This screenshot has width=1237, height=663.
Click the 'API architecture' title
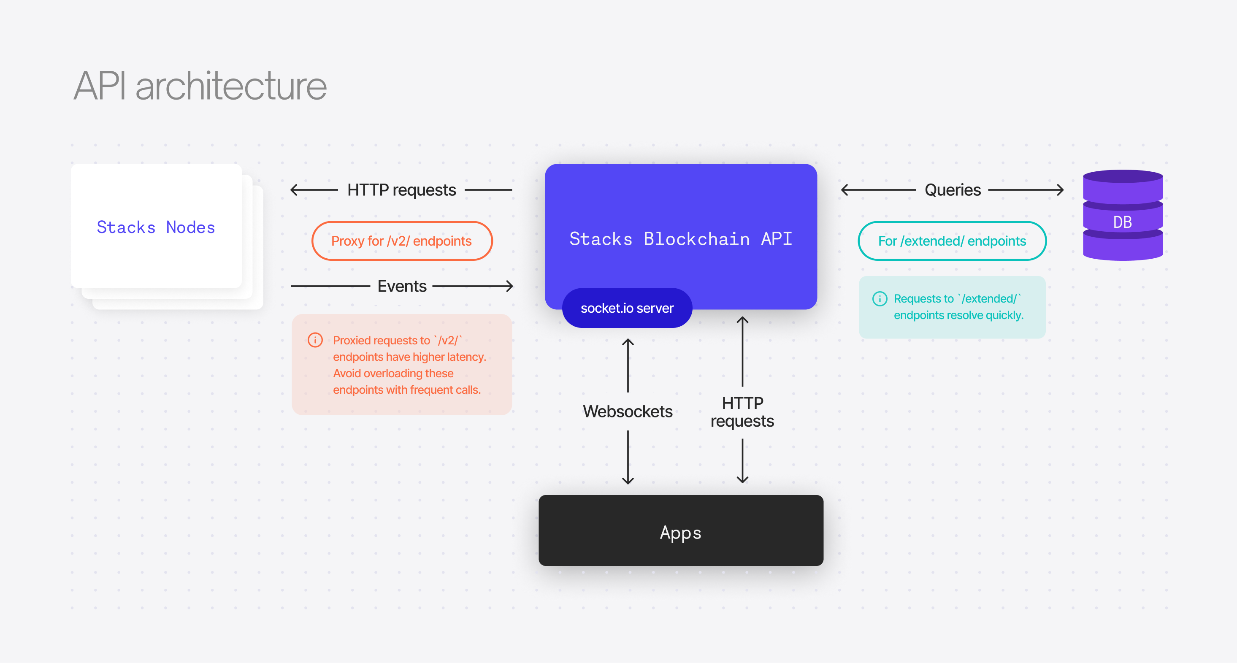click(200, 86)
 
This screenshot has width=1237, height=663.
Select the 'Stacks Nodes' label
click(156, 227)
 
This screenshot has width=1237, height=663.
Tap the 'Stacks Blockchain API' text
click(680, 238)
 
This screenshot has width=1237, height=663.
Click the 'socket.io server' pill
click(627, 308)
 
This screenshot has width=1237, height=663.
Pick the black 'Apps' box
click(680, 530)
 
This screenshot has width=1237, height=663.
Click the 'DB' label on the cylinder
click(1122, 222)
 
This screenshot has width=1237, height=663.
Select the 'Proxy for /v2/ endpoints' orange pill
click(401, 241)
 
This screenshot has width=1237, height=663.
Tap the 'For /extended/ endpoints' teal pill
click(952, 241)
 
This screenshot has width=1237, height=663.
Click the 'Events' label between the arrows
click(402, 286)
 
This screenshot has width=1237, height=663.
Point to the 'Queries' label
click(952, 190)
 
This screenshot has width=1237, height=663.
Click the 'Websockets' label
click(627, 411)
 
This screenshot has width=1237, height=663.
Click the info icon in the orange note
click(315, 340)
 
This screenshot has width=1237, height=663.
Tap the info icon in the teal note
click(879, 299)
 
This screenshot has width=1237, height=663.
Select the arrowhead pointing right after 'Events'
click(510, 286)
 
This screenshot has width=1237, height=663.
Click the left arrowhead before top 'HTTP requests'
click(293, 190)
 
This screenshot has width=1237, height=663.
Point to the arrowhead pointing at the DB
click(1060, 190)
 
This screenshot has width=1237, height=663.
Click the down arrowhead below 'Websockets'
click(628, 481)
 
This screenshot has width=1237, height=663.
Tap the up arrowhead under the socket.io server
click(628, 341)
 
